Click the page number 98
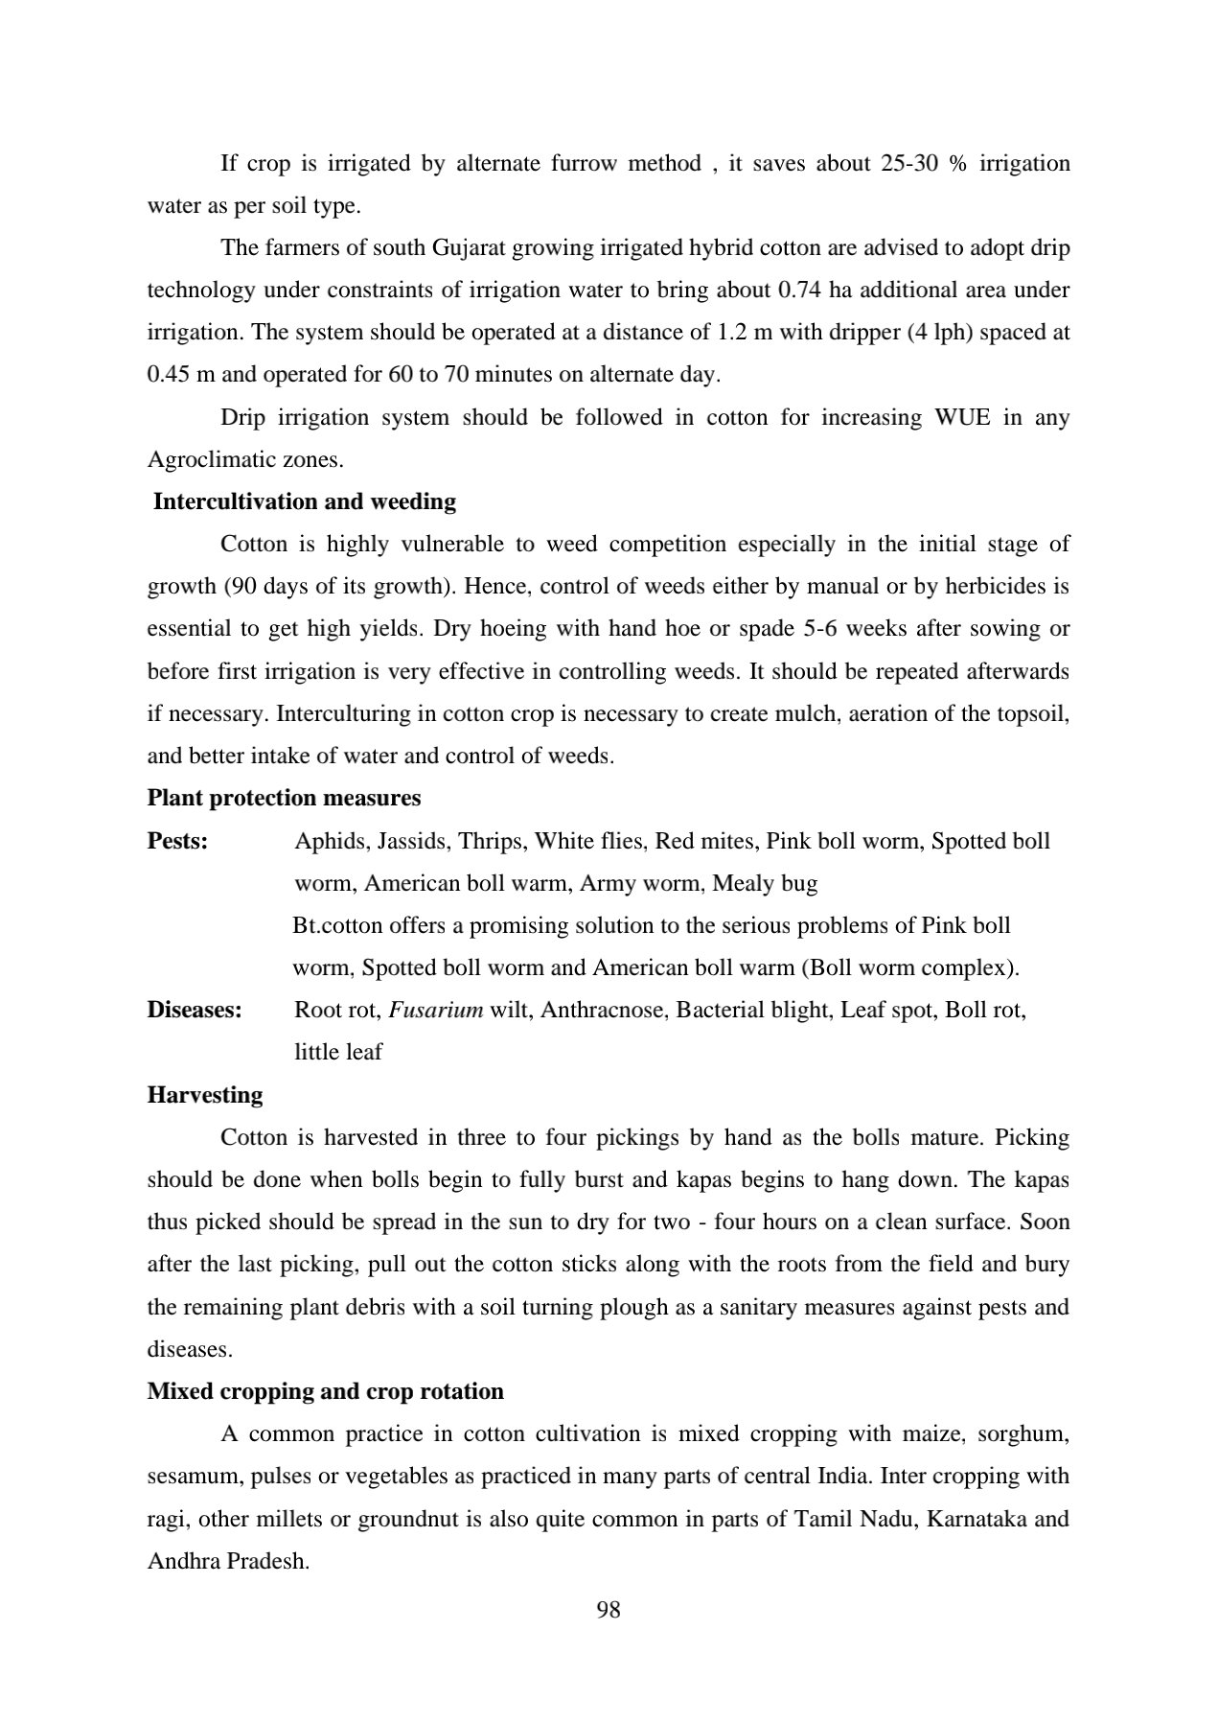[609, 1610]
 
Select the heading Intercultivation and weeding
[305, 501]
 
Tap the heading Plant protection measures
[284, 798]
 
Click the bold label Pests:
[177, 841]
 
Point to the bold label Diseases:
[194, 1010]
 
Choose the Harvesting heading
[204, 1095]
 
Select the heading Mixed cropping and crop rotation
[325, 1391]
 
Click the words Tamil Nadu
[856, 1519]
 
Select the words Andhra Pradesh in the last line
[226, 1561]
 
